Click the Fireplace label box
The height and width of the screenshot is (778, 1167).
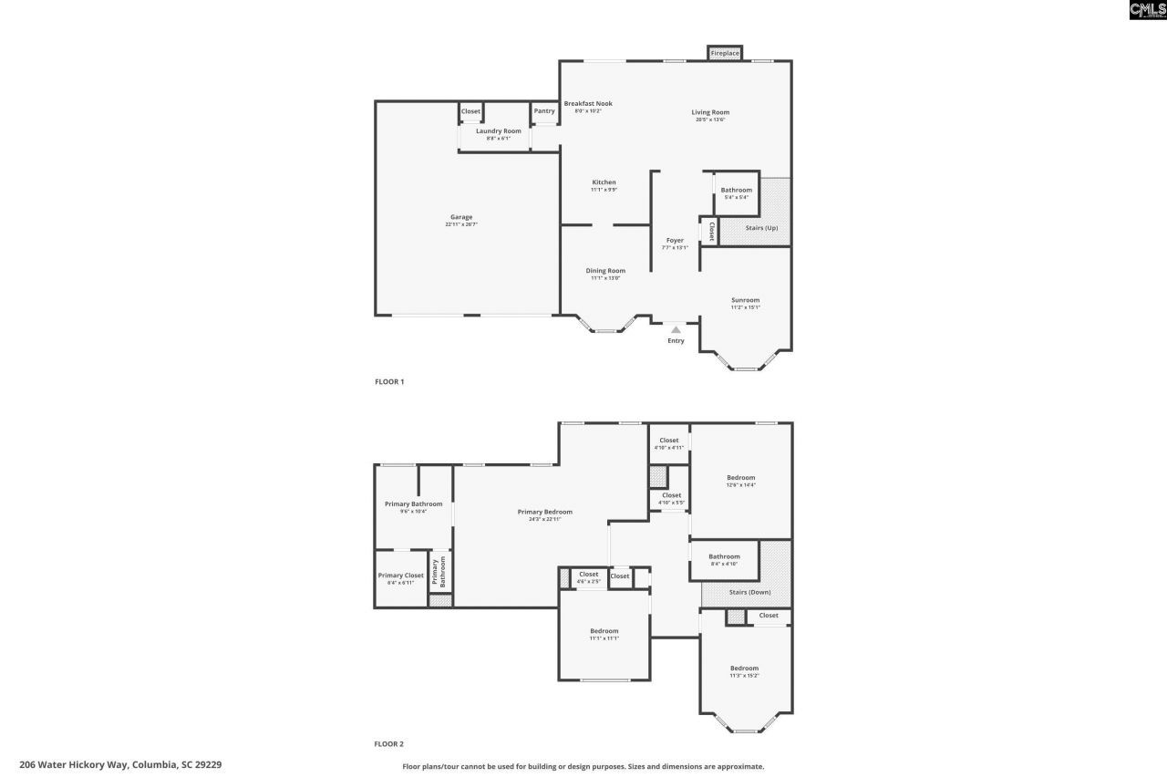tap(725, 54)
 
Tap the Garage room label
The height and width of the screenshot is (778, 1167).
tap(461, 217)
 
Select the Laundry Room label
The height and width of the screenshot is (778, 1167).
tap(499, 131)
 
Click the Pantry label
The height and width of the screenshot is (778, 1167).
tap(544, 111)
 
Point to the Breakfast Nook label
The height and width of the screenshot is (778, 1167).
tap(588, 104)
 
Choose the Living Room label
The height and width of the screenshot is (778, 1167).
tap(710, 113)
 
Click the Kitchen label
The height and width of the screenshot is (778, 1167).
tap(604, 182)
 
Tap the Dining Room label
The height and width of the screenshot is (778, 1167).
tap(605, 271)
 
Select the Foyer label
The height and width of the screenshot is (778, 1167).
tap(675, 241)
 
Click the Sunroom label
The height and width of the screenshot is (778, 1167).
tap(745, 300)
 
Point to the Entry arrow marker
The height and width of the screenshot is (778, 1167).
tap(675, 328)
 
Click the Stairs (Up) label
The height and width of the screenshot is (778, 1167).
tap(761, 227)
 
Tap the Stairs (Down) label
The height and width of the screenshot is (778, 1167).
tap(749, 593)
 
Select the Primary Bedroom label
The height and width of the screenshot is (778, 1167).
tap(545, 513)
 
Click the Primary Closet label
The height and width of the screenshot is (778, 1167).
tap(401, 576)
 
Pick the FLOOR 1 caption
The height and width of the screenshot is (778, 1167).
tap(389, 381)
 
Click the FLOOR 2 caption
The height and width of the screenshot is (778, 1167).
tap(389, 744)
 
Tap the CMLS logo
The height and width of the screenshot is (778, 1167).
tap(1147, 10)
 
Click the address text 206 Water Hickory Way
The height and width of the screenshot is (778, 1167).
tap(120, 764)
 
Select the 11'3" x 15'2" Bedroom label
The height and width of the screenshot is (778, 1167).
tap(744, 669)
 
